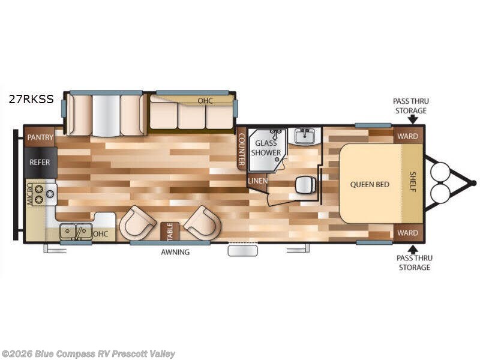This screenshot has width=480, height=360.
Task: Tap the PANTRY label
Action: (40, 137)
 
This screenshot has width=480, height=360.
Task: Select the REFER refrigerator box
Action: (40, 162)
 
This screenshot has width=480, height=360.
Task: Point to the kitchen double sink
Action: (76, 230)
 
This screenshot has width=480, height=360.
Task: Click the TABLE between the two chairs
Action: (170, 230)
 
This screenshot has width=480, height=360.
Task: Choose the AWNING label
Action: (175, 252)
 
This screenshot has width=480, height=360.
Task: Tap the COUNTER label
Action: (241, 148)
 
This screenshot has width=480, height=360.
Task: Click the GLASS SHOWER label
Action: (266, 148)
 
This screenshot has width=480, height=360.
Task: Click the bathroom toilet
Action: (306, 185)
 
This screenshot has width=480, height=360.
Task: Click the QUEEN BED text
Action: (370, 184)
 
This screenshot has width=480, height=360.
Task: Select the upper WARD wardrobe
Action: (408, 136)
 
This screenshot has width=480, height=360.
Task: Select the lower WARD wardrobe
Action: (408, 233)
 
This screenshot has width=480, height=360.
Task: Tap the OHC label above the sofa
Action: (205, 101)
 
